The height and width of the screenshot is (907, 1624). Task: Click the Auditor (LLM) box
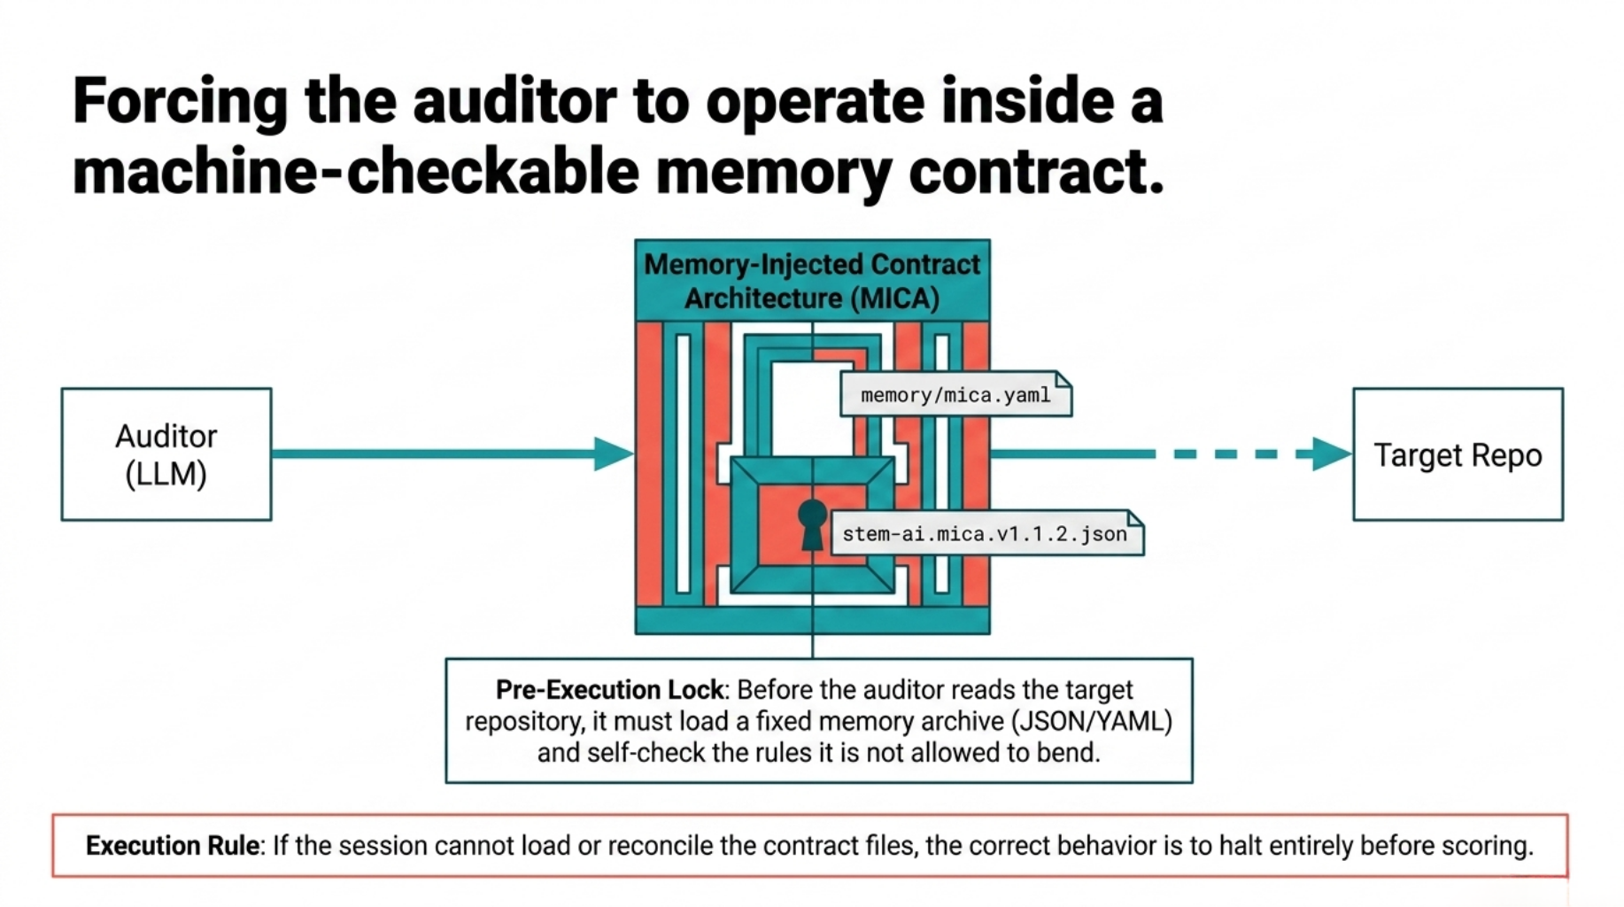click(x=166, y=454)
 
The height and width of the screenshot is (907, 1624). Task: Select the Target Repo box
click(x=1458, y=454)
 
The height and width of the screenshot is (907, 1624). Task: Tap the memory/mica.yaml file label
click(x=955, y=395)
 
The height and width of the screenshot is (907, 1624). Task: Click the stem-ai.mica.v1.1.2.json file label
click(x=985, y=534)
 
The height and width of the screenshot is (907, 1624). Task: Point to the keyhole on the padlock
click(x=812, y=523)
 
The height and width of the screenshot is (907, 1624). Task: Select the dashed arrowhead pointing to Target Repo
click(x=1331, y=453)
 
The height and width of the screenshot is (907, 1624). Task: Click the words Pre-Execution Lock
click(x=609, y=690)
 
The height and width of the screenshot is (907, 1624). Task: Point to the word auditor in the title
click(x=514, y=101)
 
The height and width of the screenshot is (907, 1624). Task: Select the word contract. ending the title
click(x=1036, y=172)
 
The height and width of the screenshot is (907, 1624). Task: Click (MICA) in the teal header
click(x=895, y=298)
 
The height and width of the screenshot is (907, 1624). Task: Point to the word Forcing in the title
click(x=181, y=101)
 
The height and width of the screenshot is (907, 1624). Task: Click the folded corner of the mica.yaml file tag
click(x=1063, y=379)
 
